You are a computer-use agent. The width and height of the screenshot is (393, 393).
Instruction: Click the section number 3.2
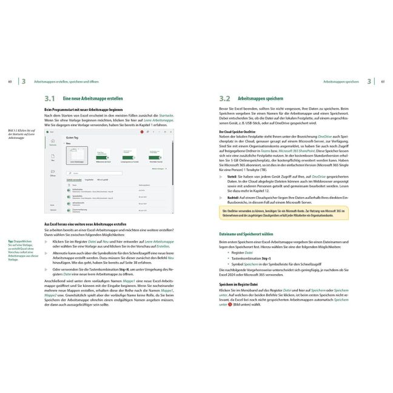(224, 98)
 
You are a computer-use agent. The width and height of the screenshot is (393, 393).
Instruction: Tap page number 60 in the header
(10, 81)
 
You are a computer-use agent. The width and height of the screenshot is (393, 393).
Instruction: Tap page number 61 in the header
(383, 81)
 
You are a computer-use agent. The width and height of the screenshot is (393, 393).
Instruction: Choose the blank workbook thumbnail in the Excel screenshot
(76, 155)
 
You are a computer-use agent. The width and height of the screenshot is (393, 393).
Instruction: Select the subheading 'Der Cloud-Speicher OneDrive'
(241, 131)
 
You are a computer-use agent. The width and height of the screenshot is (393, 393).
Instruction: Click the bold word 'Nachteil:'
(234, 198)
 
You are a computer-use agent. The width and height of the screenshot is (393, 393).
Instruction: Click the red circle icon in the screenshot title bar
(146, 131)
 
